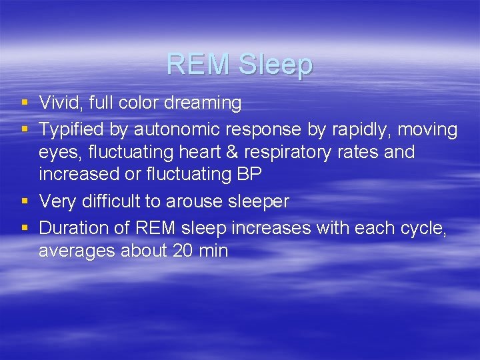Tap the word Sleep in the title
point(275,65)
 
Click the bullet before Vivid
point(25,103)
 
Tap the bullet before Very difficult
point(25,202)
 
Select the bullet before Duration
point(25,228)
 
